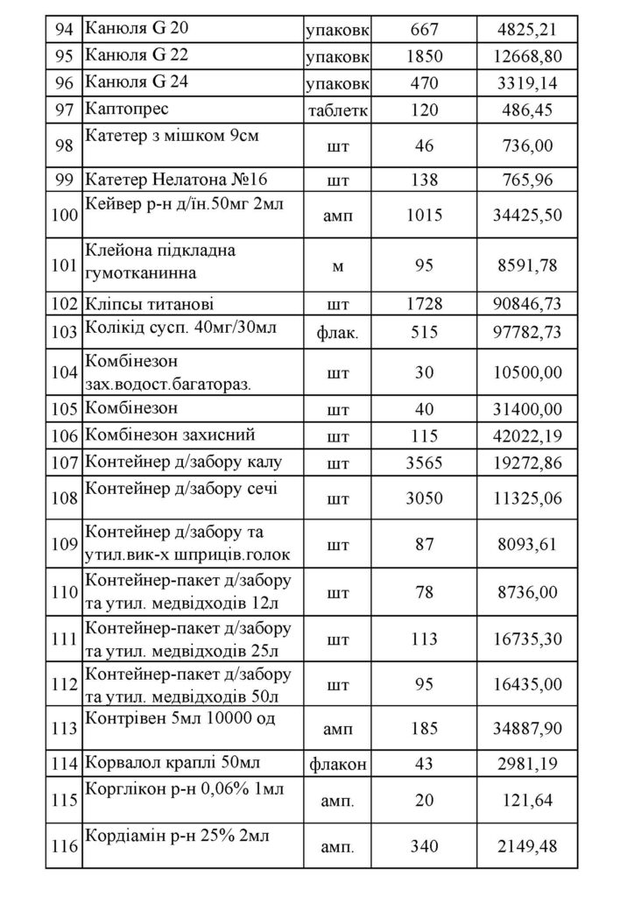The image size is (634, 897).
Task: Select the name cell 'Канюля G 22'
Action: tap(137, 56)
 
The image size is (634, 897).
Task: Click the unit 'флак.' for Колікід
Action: tap(337, 333)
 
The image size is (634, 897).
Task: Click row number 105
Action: tap(63, 408)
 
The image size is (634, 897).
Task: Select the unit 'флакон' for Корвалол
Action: tap(337, 764)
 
